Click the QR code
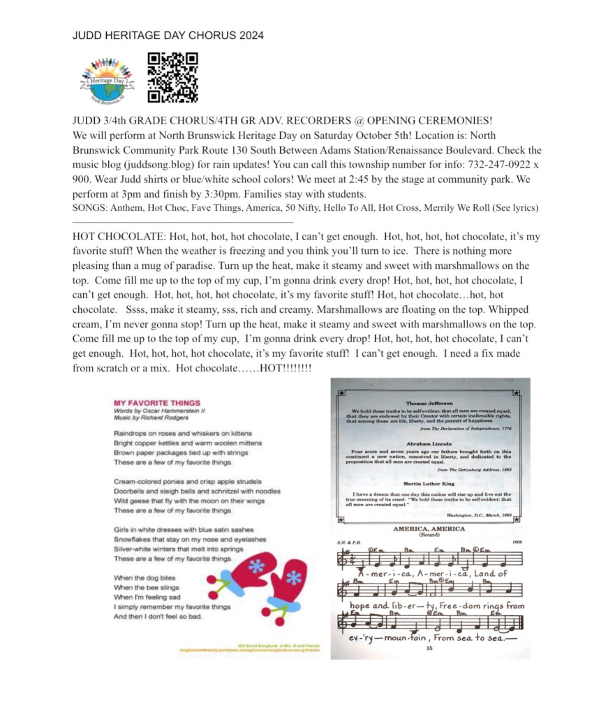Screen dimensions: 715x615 point(172,77)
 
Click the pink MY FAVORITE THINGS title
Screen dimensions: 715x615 point(158,403)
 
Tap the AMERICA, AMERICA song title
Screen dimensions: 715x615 point(429,529)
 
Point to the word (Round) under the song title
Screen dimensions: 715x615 point(429,536)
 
